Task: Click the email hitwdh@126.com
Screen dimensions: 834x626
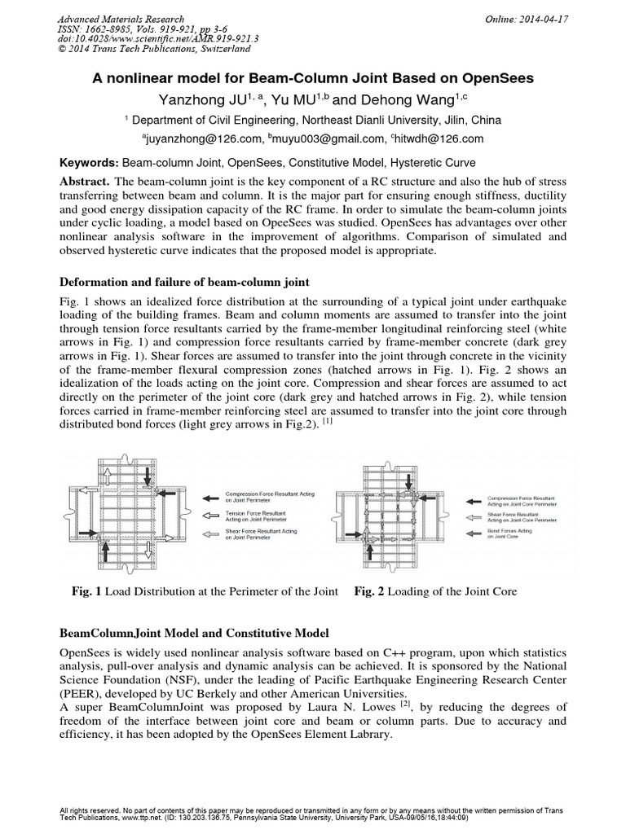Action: (x=443, y=139)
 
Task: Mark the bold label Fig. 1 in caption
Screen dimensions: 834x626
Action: (x=86, y=591)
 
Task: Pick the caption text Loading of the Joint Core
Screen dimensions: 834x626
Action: (x=447, y=591)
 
